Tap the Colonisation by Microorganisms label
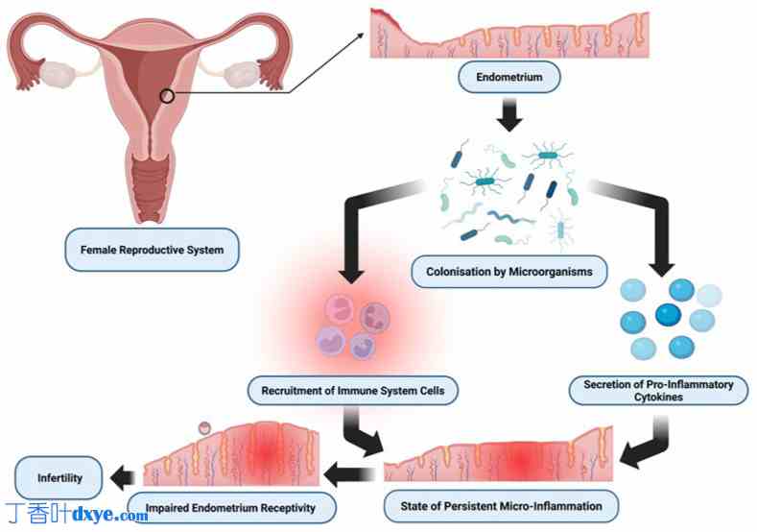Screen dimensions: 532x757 pos(516,272)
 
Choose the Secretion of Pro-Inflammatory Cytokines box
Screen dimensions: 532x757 pos(658,390)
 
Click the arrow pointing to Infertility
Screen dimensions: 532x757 pos(123,476)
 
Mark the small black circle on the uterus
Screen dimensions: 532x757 pos(167,95)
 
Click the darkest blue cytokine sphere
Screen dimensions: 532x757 pos(668,313)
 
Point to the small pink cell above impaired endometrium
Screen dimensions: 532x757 pos(203,427)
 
